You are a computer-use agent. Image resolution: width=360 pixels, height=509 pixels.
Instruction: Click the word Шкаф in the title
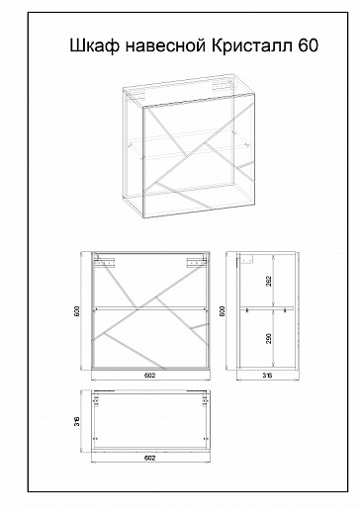(x=94, y=45)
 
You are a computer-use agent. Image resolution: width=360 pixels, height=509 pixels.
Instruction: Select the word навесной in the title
(x=165, y=46)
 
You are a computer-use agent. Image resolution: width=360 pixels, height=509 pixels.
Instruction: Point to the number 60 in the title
(x=309, y=45)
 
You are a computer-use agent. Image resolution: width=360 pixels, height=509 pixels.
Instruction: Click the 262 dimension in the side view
(x=269, y=281)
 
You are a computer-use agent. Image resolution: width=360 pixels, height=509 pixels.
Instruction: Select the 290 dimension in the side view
(x=269, y=338)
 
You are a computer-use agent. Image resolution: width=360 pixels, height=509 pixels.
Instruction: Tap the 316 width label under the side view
(x=267, y=376)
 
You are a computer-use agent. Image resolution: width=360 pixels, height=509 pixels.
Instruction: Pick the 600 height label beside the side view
(x=223, y=311)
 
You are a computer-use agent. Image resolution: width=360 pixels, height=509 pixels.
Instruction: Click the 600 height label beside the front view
(x=77, y=311)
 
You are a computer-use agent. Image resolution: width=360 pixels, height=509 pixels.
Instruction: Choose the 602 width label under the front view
(x=150, y=376)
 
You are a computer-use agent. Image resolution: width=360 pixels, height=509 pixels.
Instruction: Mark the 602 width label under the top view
(x=150, y=458)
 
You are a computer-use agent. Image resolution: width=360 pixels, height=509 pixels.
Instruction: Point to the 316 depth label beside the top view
(x=77, y=421)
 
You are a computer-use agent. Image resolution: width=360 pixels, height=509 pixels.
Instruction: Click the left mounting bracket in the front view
(x=104, y=262)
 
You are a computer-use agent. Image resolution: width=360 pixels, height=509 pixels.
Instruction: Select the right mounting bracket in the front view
(x=197, y=262)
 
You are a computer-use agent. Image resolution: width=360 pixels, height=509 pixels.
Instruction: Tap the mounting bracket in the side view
(x=246, y=259)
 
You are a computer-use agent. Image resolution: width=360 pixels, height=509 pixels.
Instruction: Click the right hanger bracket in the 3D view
(x=221, y=86)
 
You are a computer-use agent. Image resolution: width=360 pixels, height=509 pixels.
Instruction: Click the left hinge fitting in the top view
(x=96, y=400)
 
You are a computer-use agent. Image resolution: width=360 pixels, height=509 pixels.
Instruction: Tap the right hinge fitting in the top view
(x=205, y=400)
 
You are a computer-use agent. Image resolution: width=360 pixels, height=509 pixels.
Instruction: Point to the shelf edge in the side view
(x=267, y=308)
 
